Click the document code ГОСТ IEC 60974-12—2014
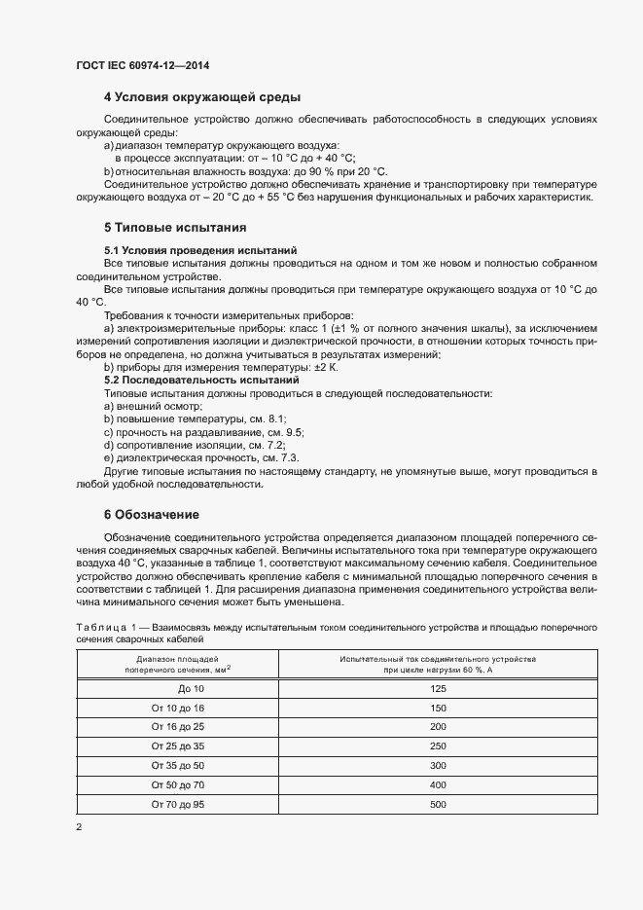tap(142, 65)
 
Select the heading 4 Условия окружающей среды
tap(201, 97)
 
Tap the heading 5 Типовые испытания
tap(174, 229)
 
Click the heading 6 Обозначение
tap(157, 513)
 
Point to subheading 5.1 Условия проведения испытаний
tap(199, 250)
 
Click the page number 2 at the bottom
tap(79, 827)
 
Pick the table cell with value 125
tap(438, 688)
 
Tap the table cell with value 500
tap(438, 805)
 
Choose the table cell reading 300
tap(438, 766)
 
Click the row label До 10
tap(178, 688)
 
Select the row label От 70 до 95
tap(178, 805)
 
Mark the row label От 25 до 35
tap(178, 746)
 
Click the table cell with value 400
tap(438, 785)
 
